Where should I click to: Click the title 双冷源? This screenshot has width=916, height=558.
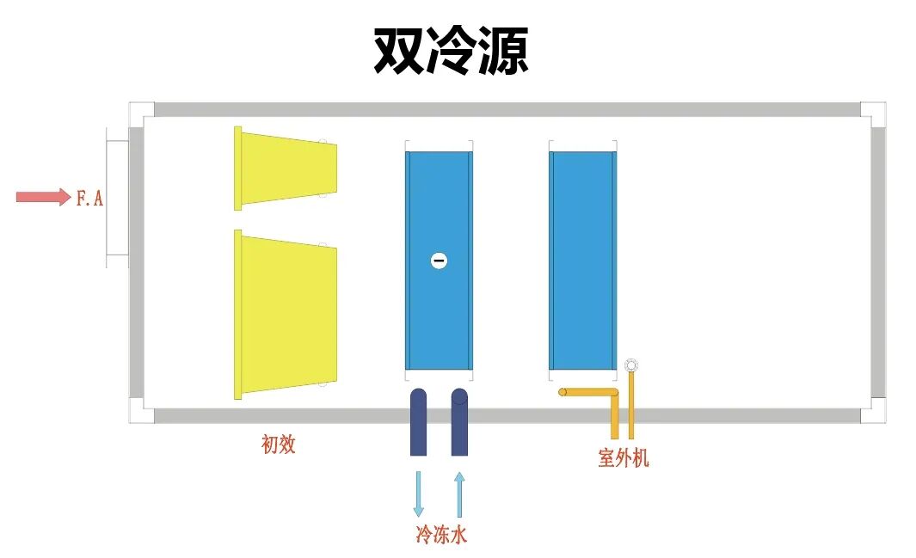[450, 51]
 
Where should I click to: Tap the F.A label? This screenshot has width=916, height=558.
[89, 199]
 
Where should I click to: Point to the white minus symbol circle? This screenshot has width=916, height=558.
[439, 260]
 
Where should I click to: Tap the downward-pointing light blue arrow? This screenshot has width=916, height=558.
[419, 494]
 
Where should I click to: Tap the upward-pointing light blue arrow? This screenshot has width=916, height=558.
[459, 494]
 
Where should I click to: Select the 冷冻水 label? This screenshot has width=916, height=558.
[441, 535]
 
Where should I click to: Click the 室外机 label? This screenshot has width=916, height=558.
[624, 458]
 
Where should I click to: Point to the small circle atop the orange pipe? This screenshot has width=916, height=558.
[632, 365]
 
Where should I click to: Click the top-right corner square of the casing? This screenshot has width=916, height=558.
[872, 113]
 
